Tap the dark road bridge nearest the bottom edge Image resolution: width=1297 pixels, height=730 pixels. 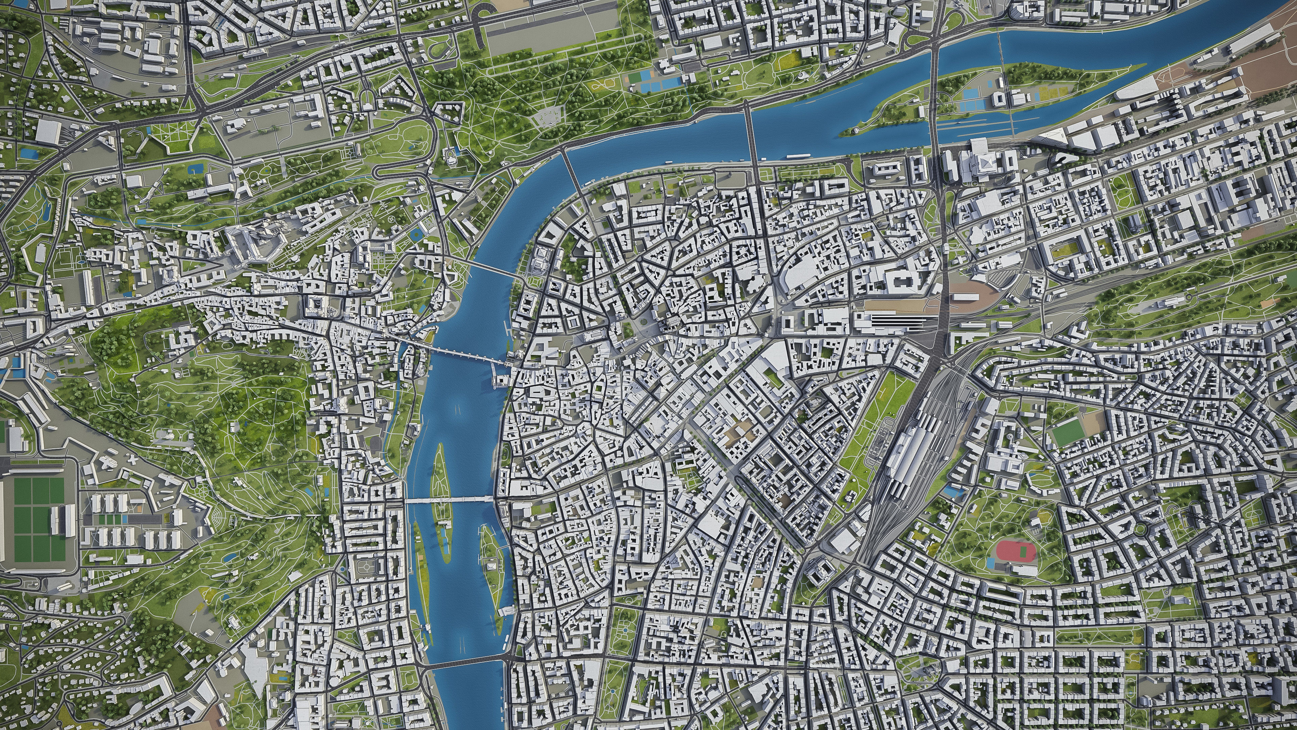pyautogui.click(x=463, y=663)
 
